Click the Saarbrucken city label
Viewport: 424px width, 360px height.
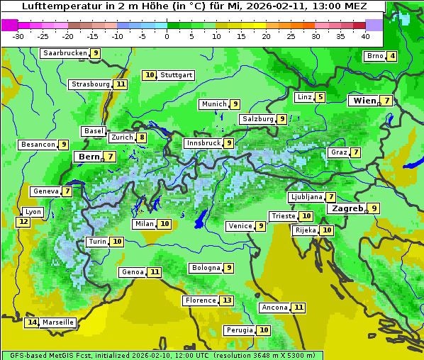(65, 53)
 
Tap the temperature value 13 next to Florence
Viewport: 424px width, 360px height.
(226, 300)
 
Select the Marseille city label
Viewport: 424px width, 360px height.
(58, 322)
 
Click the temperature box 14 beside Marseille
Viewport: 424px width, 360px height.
(32, 322)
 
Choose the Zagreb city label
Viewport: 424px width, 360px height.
(347, 208)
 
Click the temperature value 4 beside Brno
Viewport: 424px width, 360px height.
(391, 57)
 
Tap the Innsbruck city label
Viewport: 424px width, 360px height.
(203, 143)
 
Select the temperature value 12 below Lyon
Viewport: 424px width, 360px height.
(23, 222)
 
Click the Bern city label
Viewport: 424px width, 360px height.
(89, 157)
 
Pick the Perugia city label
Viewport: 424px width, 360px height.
(240, 330)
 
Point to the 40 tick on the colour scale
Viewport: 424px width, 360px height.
(365, 36)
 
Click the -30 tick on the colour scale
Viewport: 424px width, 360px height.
(18, 36)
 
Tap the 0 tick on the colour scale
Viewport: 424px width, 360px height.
(167, 36)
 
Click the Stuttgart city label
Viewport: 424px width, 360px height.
(176, 75)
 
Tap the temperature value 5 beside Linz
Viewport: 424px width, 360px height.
(320, 97)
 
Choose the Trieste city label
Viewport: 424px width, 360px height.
(283, 216)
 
